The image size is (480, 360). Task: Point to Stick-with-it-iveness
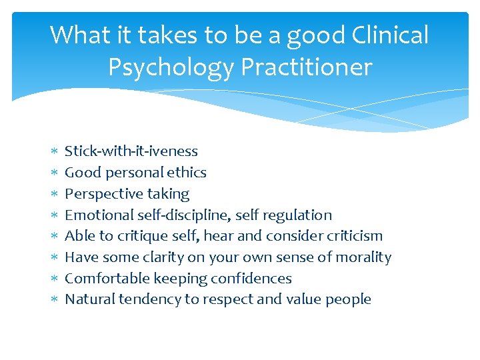point(131,151)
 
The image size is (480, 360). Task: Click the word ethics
point(188,173)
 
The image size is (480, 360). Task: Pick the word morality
point(363,257)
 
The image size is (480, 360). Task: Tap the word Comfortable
point(105,279)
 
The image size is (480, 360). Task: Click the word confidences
point(251,279)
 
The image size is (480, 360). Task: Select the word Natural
point(89,299)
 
